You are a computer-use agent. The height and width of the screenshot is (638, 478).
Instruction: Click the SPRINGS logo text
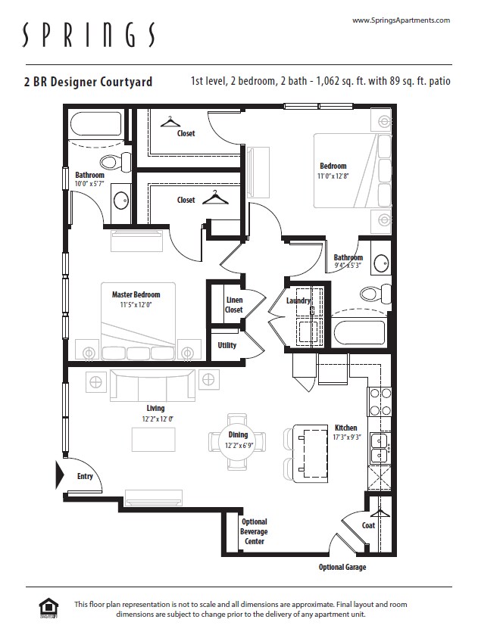coord(89,35)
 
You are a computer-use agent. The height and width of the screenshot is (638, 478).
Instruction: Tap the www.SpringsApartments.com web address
coord(401,20)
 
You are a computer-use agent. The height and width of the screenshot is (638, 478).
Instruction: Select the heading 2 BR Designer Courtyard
coord(88,82)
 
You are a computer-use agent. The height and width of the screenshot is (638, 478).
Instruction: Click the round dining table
coord(238,440)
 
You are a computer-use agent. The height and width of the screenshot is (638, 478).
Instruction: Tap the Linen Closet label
coord(233,305)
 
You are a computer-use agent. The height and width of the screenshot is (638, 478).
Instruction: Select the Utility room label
coord(227,345)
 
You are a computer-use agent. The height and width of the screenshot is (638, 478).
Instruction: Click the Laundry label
coord(298,300)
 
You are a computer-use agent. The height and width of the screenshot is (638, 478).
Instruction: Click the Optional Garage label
coord(342,568)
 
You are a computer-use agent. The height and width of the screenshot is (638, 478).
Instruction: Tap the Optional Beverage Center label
coord(254,531)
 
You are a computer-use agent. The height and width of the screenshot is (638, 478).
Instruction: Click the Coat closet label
coord(368,525)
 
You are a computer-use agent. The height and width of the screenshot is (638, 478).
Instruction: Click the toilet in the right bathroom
coord(371,294)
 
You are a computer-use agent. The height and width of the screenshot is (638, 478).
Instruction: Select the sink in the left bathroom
coord(121,201)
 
